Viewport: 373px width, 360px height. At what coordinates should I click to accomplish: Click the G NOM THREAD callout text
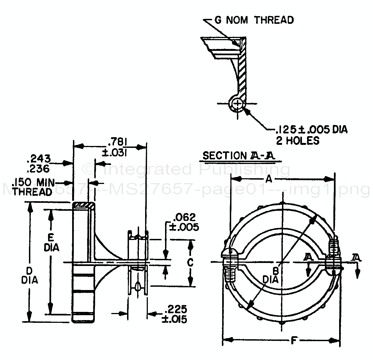[254, 20]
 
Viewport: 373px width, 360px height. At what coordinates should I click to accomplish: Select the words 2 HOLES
[297, 141]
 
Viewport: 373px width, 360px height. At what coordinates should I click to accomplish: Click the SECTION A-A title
[239, 156]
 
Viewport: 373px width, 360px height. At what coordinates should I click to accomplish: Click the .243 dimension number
[39, 159]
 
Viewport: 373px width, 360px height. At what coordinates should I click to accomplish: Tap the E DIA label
[51, 242]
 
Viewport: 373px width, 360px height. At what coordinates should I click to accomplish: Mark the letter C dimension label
[190, 262]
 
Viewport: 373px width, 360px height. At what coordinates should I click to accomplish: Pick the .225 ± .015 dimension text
[175, 314]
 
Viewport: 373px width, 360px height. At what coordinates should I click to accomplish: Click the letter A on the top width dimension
[269, 179]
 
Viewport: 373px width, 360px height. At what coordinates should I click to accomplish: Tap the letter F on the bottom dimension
[294, 341]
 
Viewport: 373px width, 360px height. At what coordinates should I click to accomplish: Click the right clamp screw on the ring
[333, 254]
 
